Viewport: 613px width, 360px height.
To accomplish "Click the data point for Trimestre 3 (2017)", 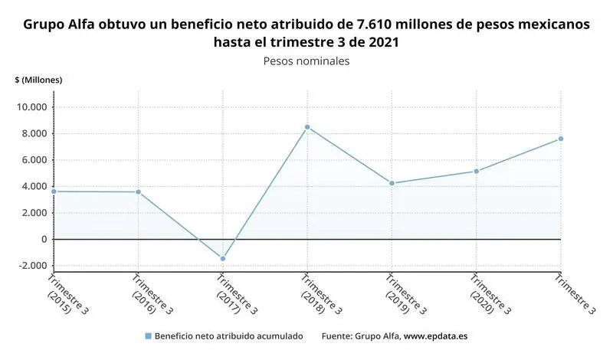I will coord(223,258).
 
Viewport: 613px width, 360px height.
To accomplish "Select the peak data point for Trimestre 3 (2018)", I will coord(307,127).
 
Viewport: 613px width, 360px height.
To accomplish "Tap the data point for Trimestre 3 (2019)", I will coord(392,183).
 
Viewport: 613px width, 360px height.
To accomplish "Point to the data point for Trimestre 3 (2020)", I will coord(476,171).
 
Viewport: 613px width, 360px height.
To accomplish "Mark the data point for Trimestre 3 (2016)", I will coord(139,191).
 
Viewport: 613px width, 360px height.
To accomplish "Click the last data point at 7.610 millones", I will coord(560,139).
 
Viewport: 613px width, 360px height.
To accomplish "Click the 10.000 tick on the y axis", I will coord(32,107).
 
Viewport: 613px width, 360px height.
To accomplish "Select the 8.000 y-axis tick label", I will coord(34,134).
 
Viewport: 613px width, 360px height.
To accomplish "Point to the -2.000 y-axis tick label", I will coord(32,266).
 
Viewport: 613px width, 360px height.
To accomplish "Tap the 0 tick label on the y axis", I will coord(44,239).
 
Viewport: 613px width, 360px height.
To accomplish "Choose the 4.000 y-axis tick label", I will coord(34,186).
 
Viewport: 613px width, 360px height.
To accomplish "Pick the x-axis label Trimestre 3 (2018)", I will coord(318,295).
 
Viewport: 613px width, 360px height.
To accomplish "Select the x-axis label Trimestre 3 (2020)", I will coord(487,295).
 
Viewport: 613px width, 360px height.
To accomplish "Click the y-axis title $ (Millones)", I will coord(38,80).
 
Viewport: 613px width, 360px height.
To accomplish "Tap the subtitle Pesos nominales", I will coord(306,61).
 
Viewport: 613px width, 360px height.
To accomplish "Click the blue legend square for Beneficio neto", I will coord(148,336).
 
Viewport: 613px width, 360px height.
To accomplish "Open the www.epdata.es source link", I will coord(438,336).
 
